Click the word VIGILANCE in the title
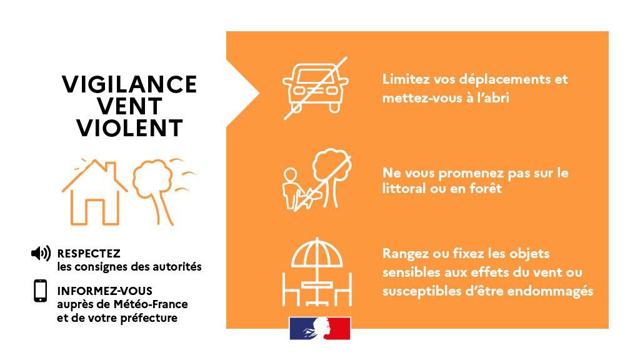[129, 84]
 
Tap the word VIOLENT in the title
[129, 128]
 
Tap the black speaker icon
[41, 253]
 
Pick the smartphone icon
[41, 291]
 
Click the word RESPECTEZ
[88, 254]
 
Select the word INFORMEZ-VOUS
[104, 291]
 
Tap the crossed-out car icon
[315, 87]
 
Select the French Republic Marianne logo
[319, 328]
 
